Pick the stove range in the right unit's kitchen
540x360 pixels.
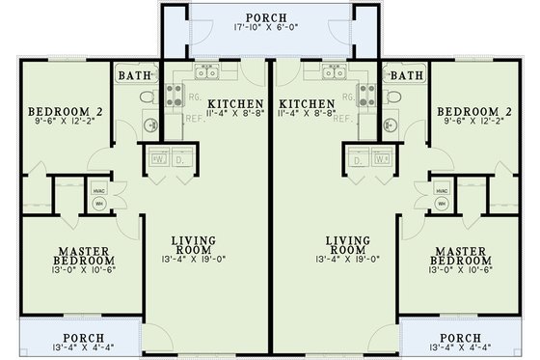(367, 95)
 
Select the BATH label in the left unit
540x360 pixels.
(132, 75)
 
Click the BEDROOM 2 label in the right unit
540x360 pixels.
(472, 111)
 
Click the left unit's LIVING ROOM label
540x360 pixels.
(193, 245)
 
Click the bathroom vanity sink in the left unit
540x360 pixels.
(149, 122)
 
